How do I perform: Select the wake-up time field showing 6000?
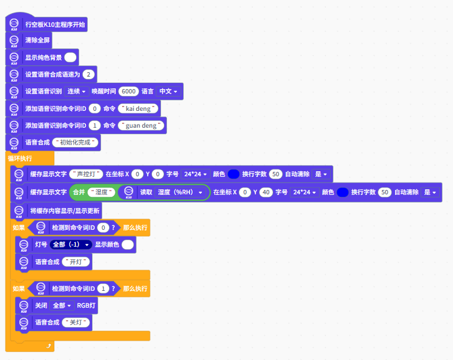pos(128,91)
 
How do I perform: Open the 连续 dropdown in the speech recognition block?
pos(76,91)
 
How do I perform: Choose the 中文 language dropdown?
pos(168,91)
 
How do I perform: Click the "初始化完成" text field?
pos(76,142)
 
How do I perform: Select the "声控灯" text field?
pos(86,173)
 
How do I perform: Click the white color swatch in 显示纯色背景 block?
pos(70,57)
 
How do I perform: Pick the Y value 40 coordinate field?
pos(265,192)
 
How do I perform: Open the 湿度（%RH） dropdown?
pos(180,192)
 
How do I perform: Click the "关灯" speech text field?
pos(77,323)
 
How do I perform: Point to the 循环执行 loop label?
pos(20,158)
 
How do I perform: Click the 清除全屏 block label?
pos(38,40)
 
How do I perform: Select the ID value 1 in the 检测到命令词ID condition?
pos(103,288)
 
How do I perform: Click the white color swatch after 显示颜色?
pos(128,245)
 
